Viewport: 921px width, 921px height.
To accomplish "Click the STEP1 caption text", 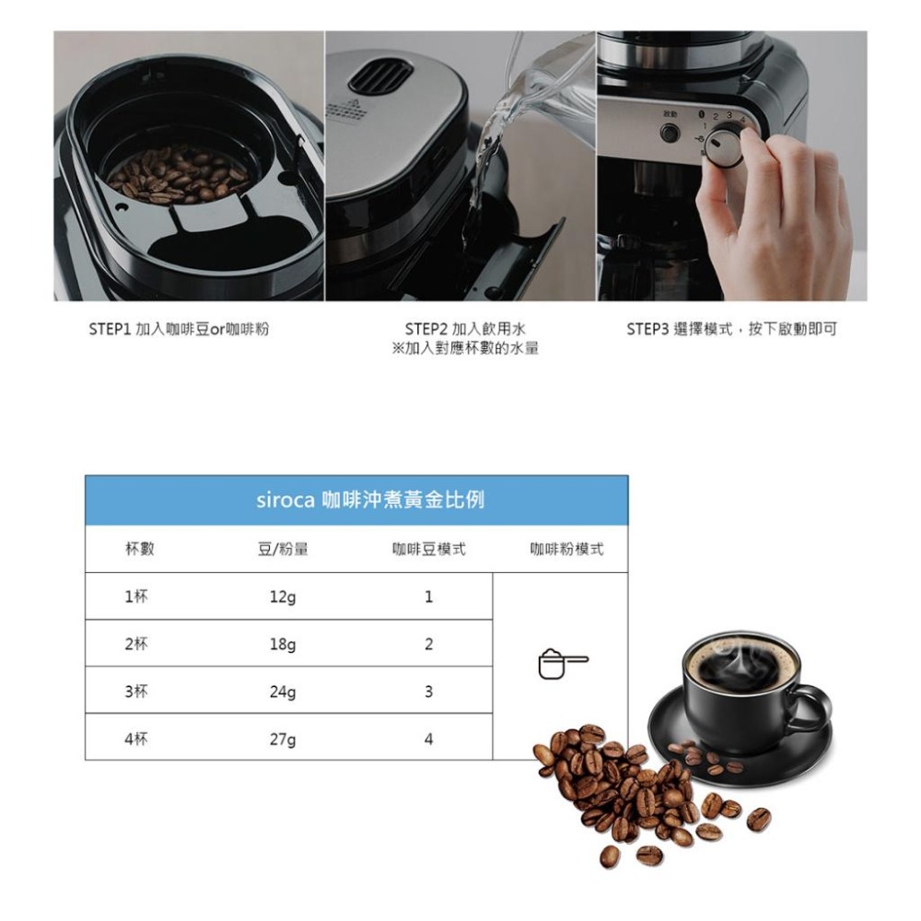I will click(179, 330).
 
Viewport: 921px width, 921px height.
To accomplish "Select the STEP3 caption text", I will click(731, 330).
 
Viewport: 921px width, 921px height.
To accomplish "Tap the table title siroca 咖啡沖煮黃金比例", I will click(369, 501).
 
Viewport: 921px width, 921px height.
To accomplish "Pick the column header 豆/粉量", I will click(283, 550).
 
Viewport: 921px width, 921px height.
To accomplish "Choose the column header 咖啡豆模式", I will click(428, 550).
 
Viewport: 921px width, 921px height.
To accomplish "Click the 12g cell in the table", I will click(283, 598).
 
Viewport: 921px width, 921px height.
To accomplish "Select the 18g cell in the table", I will click(283, 645).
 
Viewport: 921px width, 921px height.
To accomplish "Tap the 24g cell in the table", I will click(283, 692).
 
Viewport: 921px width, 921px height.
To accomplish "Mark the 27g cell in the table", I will click(283, 739).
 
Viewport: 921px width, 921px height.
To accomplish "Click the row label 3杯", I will click(136, 692).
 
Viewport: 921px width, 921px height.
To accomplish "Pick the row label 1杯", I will click(136, 597).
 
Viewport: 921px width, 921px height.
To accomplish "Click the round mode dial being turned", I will click(726, 148).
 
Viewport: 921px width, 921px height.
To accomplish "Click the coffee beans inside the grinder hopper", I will click(177, 175).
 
